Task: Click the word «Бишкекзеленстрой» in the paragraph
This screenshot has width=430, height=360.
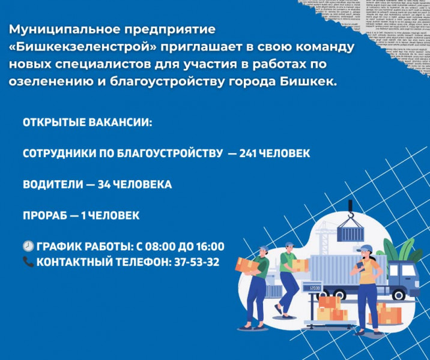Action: click(x=82, y=47)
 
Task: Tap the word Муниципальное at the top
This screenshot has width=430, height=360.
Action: click(x=64, y=29)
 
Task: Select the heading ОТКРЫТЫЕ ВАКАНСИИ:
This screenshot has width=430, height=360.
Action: click(x=88, y=122)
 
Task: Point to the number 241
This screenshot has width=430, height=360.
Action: click(x=248, y=154)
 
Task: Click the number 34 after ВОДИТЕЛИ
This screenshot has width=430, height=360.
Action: click(x=104, y=184)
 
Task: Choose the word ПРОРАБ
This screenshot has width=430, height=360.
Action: click(x=45, y=215)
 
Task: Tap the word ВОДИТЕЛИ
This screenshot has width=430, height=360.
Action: click(x=53, y=184)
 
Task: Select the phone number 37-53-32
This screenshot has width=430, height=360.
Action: click(x=196, y=262)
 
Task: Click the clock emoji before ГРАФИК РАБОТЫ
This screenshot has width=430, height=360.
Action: click(x=28, y=247)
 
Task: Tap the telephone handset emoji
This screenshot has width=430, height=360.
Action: click(x=28, y=262)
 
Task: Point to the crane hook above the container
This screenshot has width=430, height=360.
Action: click(x=350, y=212)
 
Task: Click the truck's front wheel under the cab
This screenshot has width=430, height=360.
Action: click(x=399, y=295)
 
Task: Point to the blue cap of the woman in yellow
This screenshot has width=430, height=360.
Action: click(x=365, y=248)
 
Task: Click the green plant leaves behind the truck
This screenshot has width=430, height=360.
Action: click(x=403, y=251)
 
